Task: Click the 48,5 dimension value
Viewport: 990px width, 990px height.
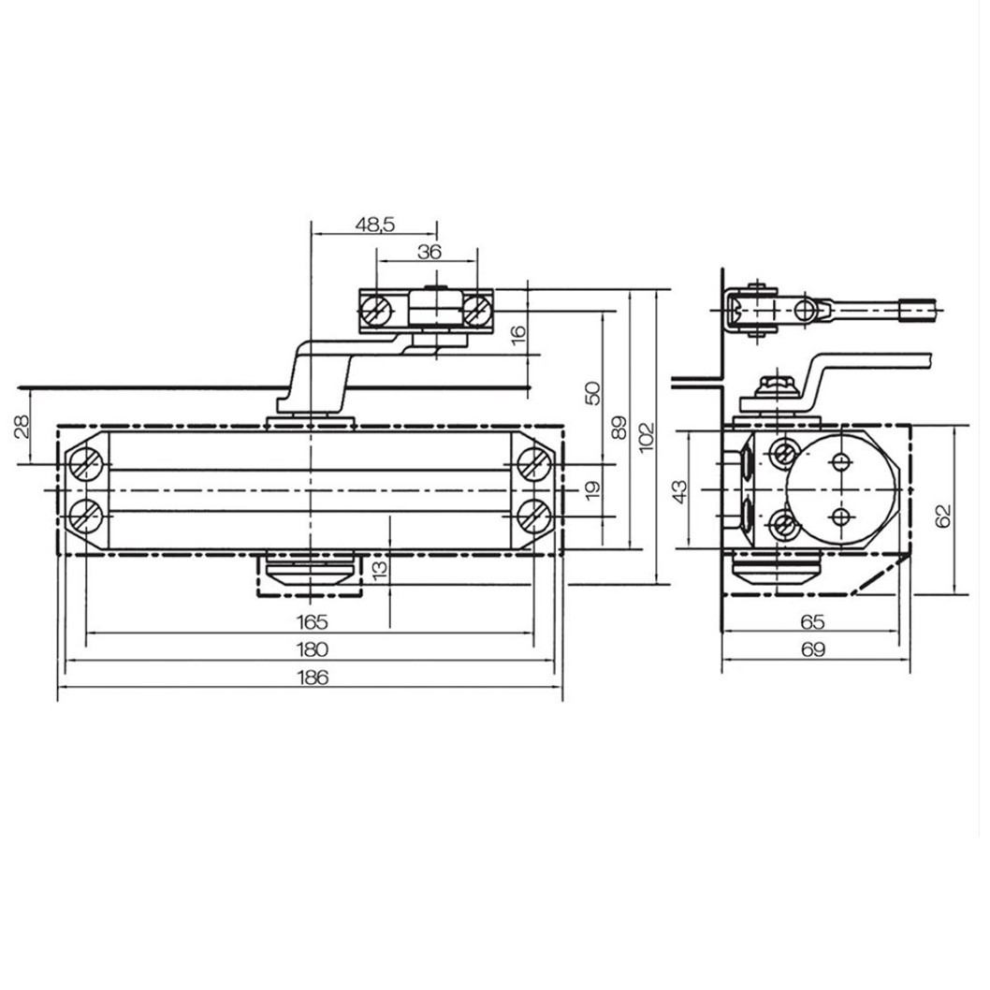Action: coord(375,225)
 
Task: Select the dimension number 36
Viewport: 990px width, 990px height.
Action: coord(429,252)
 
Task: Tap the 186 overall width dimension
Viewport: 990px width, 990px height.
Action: coord(313,677)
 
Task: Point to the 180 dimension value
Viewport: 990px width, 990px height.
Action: coord(313,649)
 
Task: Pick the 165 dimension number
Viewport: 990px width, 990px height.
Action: coord(313,622)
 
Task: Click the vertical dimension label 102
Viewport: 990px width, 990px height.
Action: coord(647,436)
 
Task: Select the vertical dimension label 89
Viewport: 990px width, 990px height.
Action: coord(620,428)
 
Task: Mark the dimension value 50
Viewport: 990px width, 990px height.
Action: coord(593,393)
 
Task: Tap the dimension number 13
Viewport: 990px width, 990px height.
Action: coord(380,568)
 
